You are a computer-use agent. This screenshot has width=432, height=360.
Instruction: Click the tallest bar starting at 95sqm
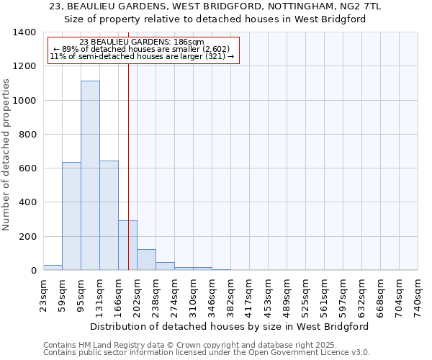point(90,176)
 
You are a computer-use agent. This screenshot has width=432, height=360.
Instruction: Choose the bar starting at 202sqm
point(146,260)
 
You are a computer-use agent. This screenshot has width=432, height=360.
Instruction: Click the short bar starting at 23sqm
point(53,268)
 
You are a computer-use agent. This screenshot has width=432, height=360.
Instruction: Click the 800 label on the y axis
point(27,135)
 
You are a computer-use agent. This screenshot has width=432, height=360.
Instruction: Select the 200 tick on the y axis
point(27,237)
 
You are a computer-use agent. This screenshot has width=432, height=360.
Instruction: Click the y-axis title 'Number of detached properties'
point(7,156)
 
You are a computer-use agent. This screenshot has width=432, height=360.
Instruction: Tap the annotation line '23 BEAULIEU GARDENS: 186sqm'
point(142,42)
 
